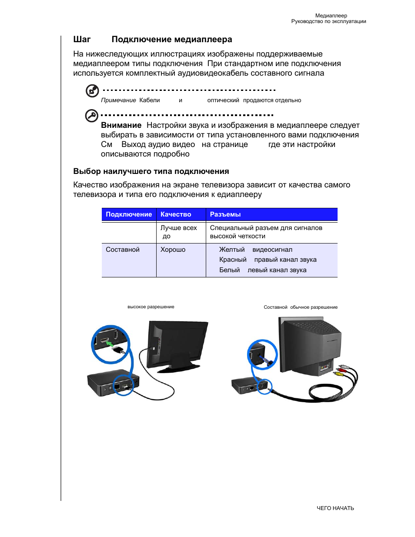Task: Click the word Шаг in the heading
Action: tap(82, 40)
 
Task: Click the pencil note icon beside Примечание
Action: tap(92, 90)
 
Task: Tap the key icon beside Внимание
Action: tap(91, 116)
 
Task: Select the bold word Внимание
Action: tap(121, 125)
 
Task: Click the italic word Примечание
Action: tap(118, 100)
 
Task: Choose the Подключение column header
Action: tap(129, 214)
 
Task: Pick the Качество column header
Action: tap(176, 214)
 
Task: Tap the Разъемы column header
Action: tap(225, 214)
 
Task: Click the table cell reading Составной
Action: tap(123, 250)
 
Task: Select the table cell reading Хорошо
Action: tap(173, 250)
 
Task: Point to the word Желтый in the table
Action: tap(231, 250)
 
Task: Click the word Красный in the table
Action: tap(233, 260)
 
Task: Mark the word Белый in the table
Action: tap(229, 270)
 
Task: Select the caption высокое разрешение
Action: tap(151, 307)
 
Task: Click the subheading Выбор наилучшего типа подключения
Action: tap(151, 171)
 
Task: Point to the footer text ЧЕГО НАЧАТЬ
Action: tap(335, 508)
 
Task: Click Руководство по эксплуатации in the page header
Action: tap(328, 21)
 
